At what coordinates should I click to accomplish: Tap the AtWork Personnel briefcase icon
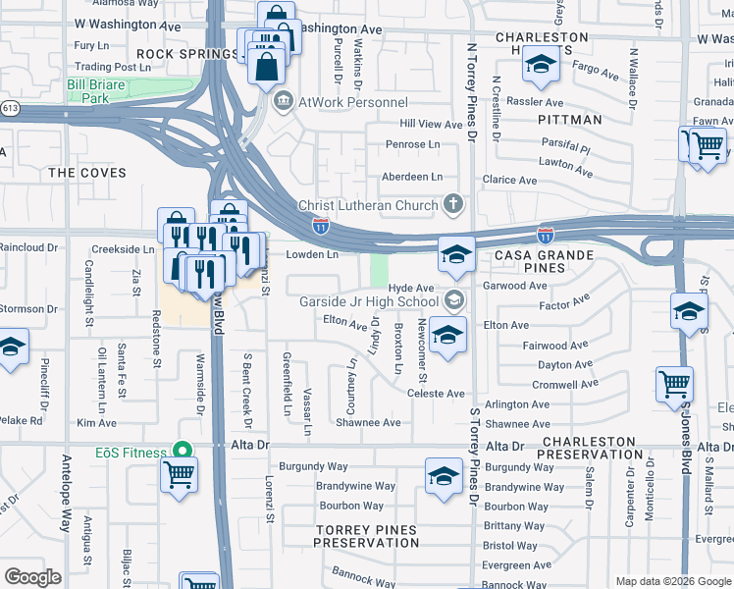click(283, 101)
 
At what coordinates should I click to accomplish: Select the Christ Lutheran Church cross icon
click(452, 204)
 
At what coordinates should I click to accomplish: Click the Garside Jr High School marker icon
click(453, 300)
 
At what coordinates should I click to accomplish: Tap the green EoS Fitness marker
click(181, 451)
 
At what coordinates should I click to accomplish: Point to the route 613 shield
click(9, 108)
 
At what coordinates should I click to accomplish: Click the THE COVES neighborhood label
click(87, 172)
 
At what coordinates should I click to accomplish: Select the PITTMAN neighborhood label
click(569, 119)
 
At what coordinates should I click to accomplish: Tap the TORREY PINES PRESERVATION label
click(366, 536)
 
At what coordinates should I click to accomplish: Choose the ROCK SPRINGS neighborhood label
click(173, 53)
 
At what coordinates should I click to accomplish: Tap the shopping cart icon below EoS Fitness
click(180, 476)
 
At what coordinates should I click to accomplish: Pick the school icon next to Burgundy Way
click(445, 477)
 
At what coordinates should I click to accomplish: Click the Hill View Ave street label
click(430, 125)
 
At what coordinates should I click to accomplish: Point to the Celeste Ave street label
click(436, 393)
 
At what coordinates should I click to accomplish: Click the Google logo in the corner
click(32, 576)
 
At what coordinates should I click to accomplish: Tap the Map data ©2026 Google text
click(672, 581)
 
